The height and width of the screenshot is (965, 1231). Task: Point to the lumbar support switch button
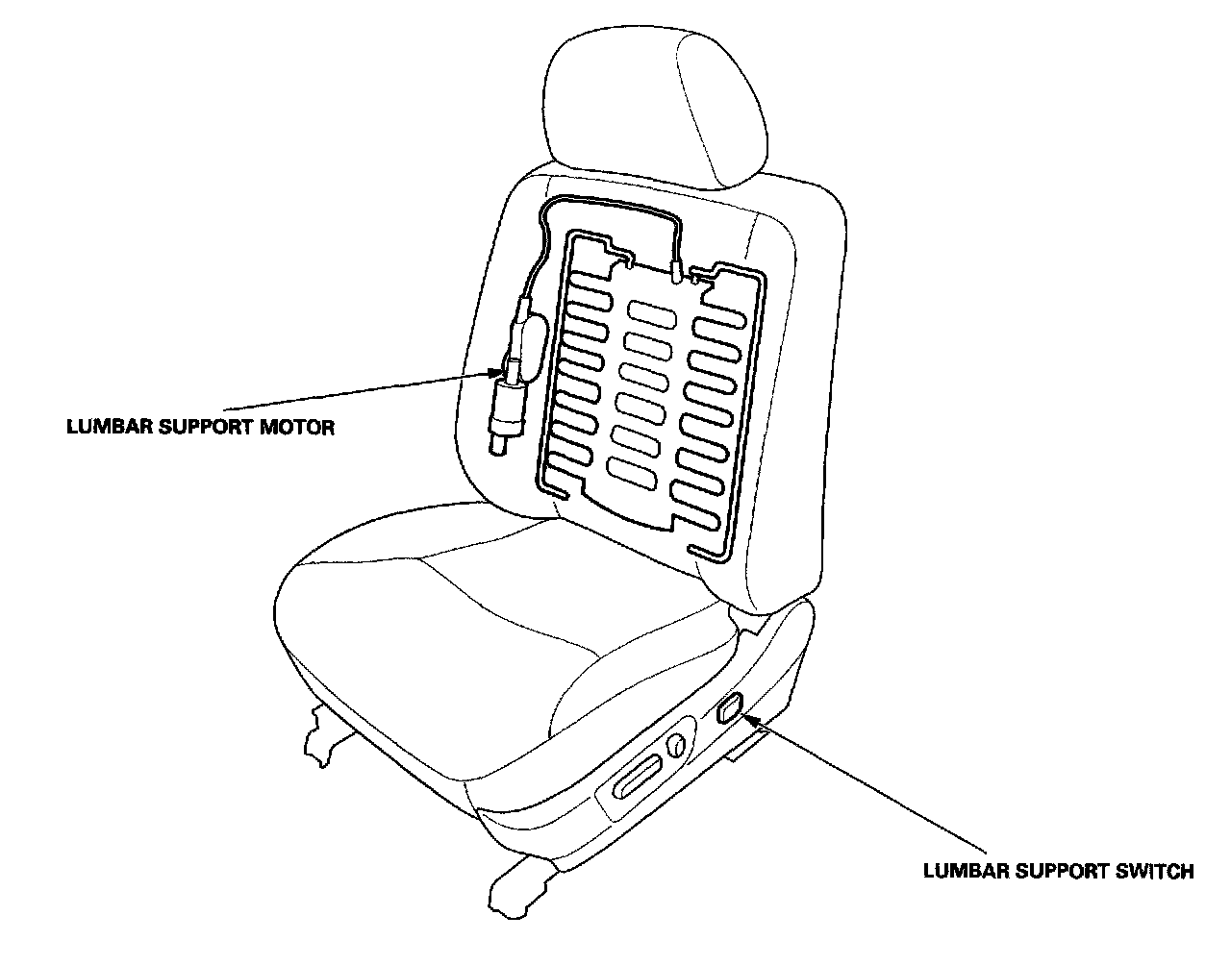(x=730, y=709)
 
